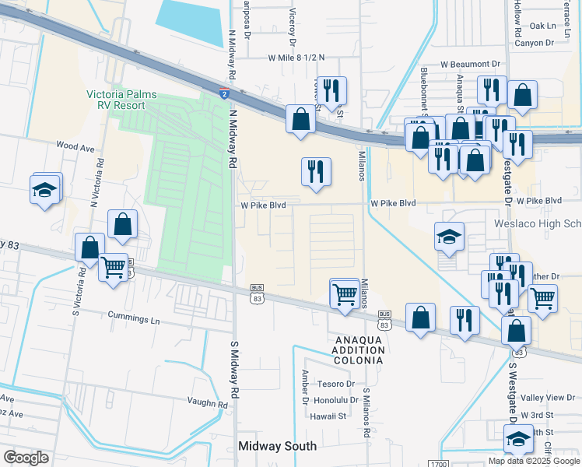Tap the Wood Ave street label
click(75, 146)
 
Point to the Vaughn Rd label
click(207, 403)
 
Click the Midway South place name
click(278, 446)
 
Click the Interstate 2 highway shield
click(223, 94)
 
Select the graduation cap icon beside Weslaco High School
click(449, 237)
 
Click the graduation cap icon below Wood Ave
click(45, 189)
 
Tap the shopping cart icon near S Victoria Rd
click(114, 268)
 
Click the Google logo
click(26, 457)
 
